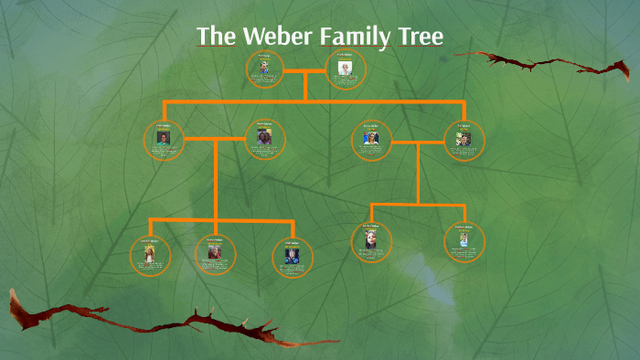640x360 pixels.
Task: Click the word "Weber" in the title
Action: (x=273, y=37)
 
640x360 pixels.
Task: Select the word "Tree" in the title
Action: (x=419, y=37)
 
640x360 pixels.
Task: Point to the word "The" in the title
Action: (x=217, y=37)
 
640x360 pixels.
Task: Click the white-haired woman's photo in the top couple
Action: (x=345, y=69)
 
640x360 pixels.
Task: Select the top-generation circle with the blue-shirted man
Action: (x=264, y=69)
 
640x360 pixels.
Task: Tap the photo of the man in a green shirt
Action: (x=164, y=140)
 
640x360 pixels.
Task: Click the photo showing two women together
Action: (x=265, y=140)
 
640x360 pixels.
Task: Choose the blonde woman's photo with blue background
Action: (x=371, y=140)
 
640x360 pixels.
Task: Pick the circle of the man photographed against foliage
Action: (x=464, y=140)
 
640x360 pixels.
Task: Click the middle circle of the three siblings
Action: (x=216, y=253)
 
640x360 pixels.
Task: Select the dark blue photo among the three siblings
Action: (x=293, y=256)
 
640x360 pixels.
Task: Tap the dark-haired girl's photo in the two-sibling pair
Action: (x=371, y=242)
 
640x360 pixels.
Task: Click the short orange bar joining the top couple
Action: (x=304, y=69)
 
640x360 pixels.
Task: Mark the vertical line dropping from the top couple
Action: (x=304, y=86)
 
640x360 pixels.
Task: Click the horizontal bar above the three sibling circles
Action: (x=219, y=219)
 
